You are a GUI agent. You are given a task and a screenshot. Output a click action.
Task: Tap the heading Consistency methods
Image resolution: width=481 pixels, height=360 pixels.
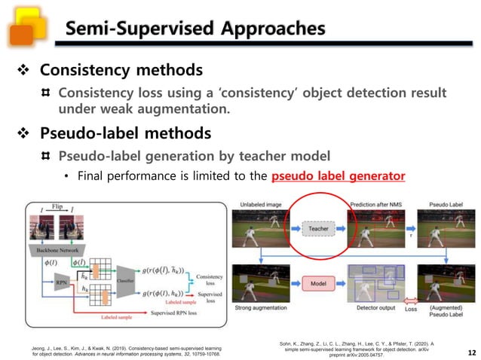[121, 70]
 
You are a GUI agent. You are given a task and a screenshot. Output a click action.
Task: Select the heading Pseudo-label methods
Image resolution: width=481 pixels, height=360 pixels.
[124, 133]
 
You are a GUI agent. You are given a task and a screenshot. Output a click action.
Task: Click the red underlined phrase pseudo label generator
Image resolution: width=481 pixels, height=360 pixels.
[338, 176]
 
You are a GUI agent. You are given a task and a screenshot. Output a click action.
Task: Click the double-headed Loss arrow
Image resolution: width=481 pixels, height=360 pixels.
[412, 308]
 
